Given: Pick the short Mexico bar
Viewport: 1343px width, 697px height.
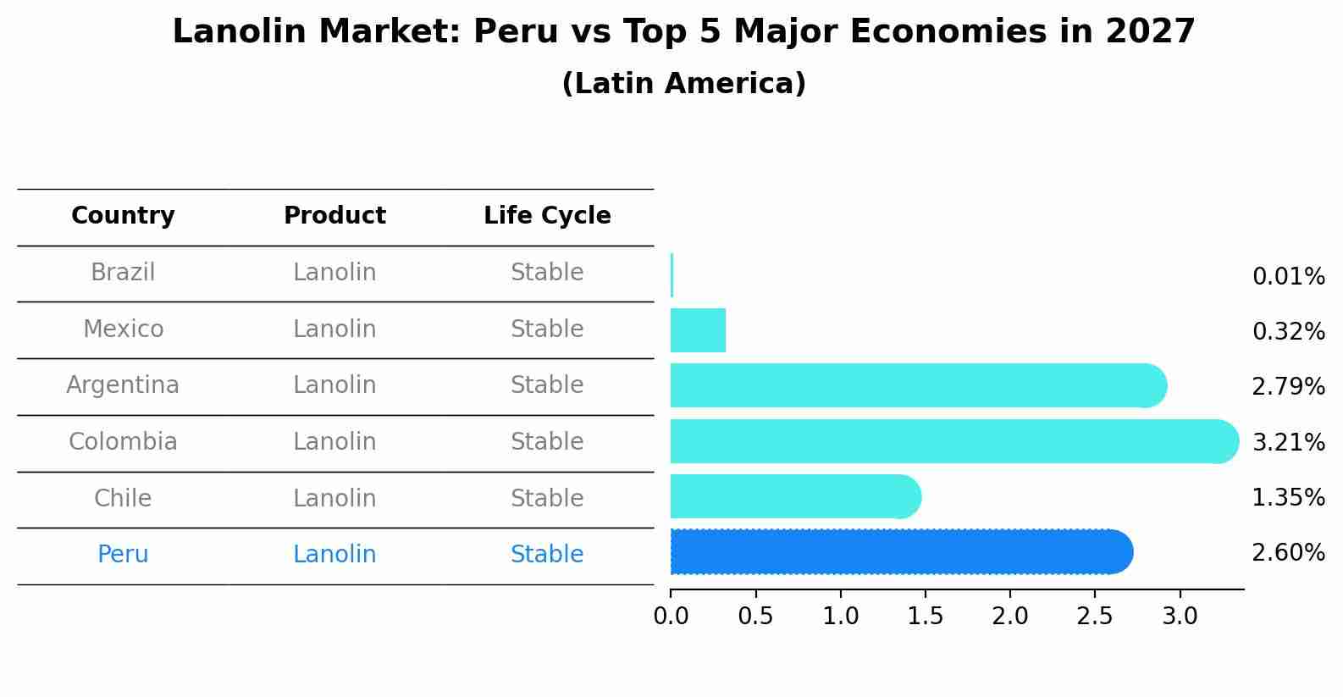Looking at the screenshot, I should point(698,330).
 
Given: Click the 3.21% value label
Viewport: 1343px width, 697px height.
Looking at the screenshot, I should point(1288,442).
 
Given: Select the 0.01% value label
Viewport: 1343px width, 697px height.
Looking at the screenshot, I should point(1288,277).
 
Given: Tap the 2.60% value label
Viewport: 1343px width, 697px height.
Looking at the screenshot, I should point(1288,553).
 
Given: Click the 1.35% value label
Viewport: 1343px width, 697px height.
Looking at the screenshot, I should point(1288,498).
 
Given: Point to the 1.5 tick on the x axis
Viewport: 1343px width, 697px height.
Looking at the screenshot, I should point(925,617).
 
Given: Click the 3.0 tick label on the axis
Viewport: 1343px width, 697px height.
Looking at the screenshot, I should point(1180,617).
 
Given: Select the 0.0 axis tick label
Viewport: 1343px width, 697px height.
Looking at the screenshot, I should point(671,617).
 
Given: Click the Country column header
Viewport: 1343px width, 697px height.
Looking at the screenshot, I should point(123,216).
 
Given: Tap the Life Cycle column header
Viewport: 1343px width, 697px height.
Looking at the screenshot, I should point(547,216).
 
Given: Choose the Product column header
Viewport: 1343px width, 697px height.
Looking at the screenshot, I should point(334,216).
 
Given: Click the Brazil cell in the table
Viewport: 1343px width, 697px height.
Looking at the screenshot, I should point(123,273).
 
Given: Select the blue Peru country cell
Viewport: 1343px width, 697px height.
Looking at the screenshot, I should point(123,555).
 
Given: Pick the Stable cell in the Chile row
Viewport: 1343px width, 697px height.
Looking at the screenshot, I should point(547,498).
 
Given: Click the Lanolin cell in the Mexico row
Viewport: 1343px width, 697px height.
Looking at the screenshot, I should point(334,329).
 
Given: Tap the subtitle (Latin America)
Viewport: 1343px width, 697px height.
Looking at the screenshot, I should point(683,84).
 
